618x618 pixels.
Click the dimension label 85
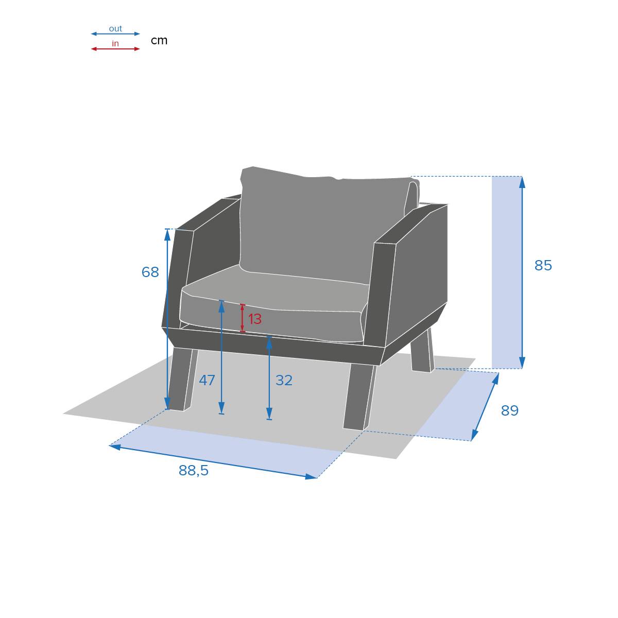click(543, 266)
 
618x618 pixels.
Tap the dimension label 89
click(510, 411)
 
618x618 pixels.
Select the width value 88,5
click(194, 471)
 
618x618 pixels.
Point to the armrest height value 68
click(150, 272)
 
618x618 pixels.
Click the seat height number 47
click(207, 381)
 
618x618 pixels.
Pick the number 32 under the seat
click(284, 381)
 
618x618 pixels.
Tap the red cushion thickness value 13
click(254, 319)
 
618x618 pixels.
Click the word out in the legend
click(115, 29)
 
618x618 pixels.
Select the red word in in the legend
click(115, 44)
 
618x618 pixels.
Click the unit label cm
click(159, 41)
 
